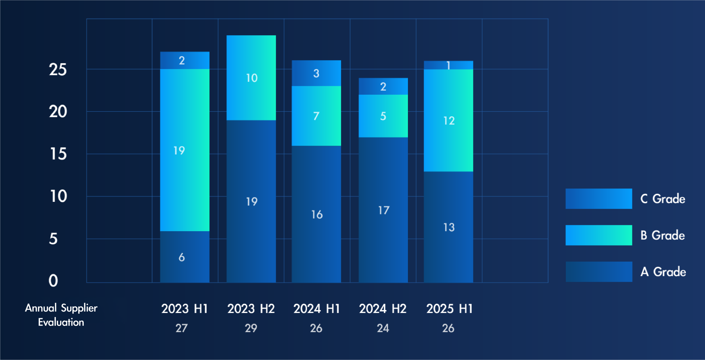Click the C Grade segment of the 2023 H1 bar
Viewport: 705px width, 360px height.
tap(185, 60)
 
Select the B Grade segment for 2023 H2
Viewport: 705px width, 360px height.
tap(251, 78)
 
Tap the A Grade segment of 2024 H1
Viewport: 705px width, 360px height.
tap(317, 214)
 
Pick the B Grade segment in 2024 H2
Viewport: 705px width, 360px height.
tap(383, 116)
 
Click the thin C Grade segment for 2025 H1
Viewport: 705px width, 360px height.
tap(448, 65)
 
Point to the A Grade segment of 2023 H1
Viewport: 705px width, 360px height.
tap(185, 257)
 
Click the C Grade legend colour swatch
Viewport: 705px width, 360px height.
tap(599, 199)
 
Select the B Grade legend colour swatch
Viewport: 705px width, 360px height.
tap(599, 235)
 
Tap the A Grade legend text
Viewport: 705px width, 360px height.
tap(663, 272)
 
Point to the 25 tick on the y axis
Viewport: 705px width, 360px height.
tap(58, 69)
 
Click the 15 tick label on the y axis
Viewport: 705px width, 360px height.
tap(58, 154)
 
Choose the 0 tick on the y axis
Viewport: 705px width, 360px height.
tap(53, 281)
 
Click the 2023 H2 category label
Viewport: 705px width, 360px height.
tap(251, 309)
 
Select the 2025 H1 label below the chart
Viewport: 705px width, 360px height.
tap(449, 309)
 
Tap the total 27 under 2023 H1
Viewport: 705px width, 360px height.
tap(181, 328)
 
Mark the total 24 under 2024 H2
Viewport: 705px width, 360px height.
tap(383, 328)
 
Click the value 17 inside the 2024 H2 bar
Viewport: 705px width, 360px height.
tap(384, 210)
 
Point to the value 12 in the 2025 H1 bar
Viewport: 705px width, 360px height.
tap(449, 121)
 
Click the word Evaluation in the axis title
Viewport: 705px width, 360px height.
tap(61, 322)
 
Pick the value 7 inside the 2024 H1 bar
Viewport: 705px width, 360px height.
tap(316, 116)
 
